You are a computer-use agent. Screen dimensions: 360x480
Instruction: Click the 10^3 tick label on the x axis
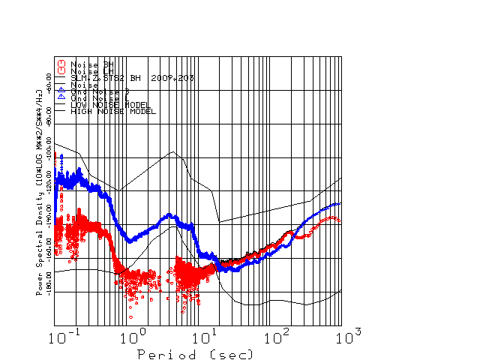click(343, 334)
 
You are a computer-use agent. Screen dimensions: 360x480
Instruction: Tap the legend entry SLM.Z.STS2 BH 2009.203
click(121, 78)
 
